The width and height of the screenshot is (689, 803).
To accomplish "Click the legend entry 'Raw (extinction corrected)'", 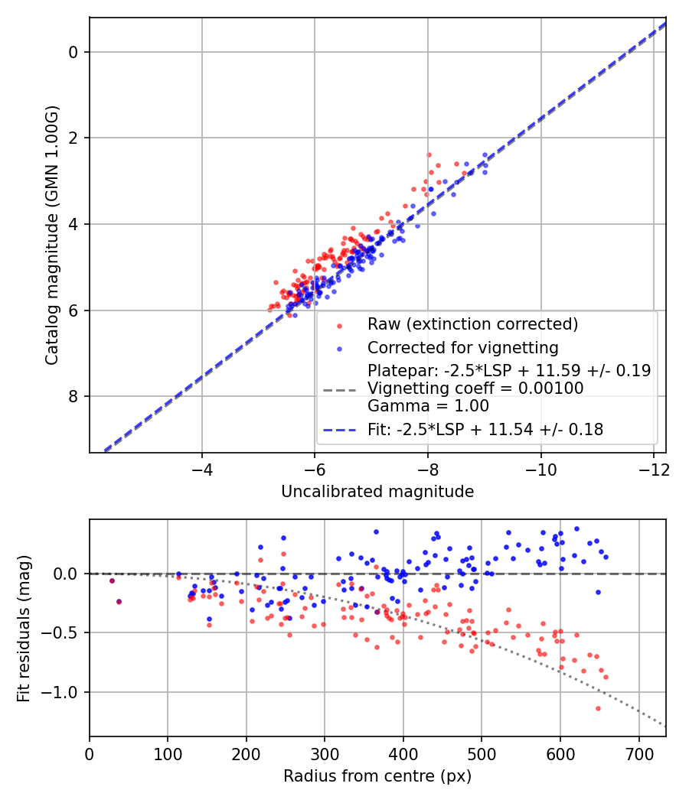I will click(x=472, y=324).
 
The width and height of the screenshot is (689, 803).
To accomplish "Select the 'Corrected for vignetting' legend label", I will click(x=462, y=347).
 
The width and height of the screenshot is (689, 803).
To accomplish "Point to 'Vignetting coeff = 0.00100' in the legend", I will click(x=475, y=388).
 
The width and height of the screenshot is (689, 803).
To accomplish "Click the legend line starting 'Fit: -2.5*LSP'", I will click(x=485, y=430).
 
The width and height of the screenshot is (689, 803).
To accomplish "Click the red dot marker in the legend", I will click(x=340, y=325).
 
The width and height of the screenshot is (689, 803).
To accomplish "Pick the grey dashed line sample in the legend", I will click(x=340, y=388).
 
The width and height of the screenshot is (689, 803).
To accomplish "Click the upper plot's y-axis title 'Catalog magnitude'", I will click(x=51, y=233).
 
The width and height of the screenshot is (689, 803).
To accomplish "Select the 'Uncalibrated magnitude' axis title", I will click(x=377, y=492).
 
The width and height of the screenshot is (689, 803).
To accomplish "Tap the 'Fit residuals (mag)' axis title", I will click(x=24, y=627).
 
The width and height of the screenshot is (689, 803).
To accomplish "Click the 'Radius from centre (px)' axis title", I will click(x=377, y=776).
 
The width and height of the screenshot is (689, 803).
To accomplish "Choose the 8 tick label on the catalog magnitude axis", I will click(x=73, y=396).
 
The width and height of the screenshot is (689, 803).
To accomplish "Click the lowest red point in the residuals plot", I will click(x=598, y=708).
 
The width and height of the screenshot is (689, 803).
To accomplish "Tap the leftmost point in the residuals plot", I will click(x=112, y=580).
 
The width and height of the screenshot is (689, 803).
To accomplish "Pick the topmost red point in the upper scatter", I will click(x=429, y=154).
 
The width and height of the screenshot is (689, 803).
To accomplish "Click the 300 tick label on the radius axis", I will click(x=325, y=753).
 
